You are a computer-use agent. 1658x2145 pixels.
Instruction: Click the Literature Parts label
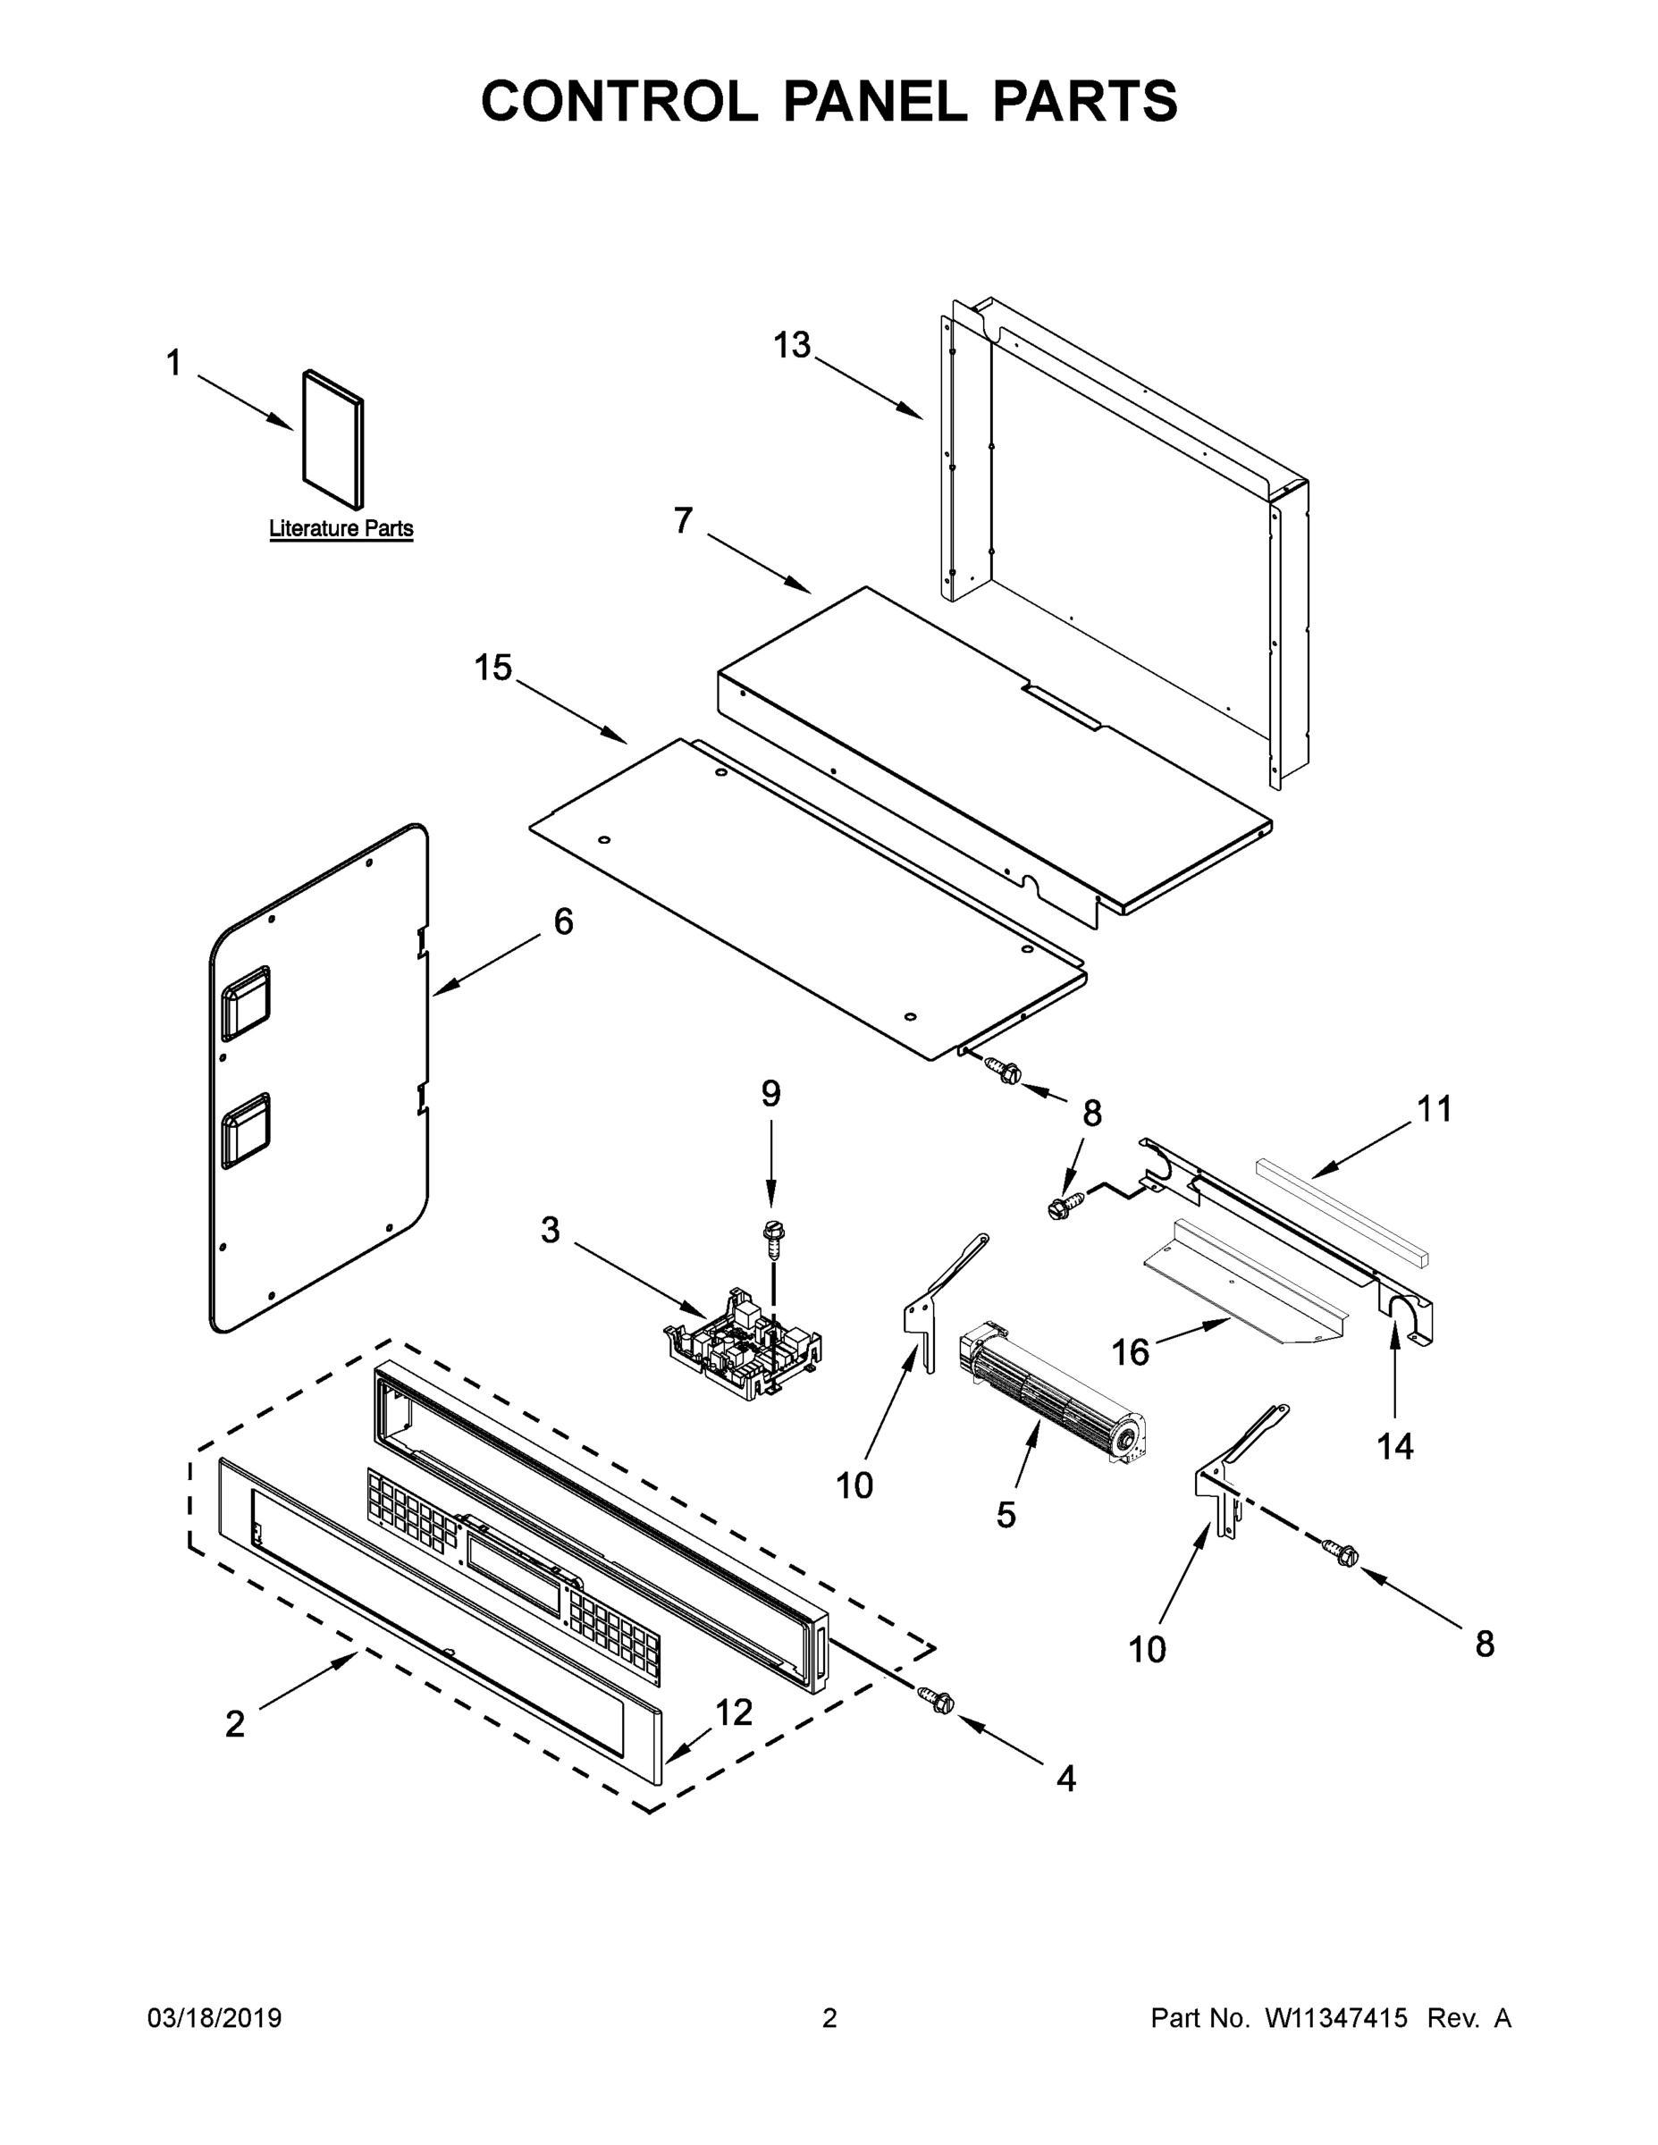[x=341, y=528]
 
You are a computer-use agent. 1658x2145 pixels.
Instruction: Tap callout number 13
[x=791, y=346]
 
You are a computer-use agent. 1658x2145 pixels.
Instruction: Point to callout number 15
[x=493, y=668]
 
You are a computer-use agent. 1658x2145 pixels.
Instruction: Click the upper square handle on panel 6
[x=245, y=1004]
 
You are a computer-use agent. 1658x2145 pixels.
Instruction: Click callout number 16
[x=1130, y=1352]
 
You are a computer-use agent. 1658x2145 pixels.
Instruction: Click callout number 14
[x=1394, y=1446]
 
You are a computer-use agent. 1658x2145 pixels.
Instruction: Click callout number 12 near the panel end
[x=733, y=1712]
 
